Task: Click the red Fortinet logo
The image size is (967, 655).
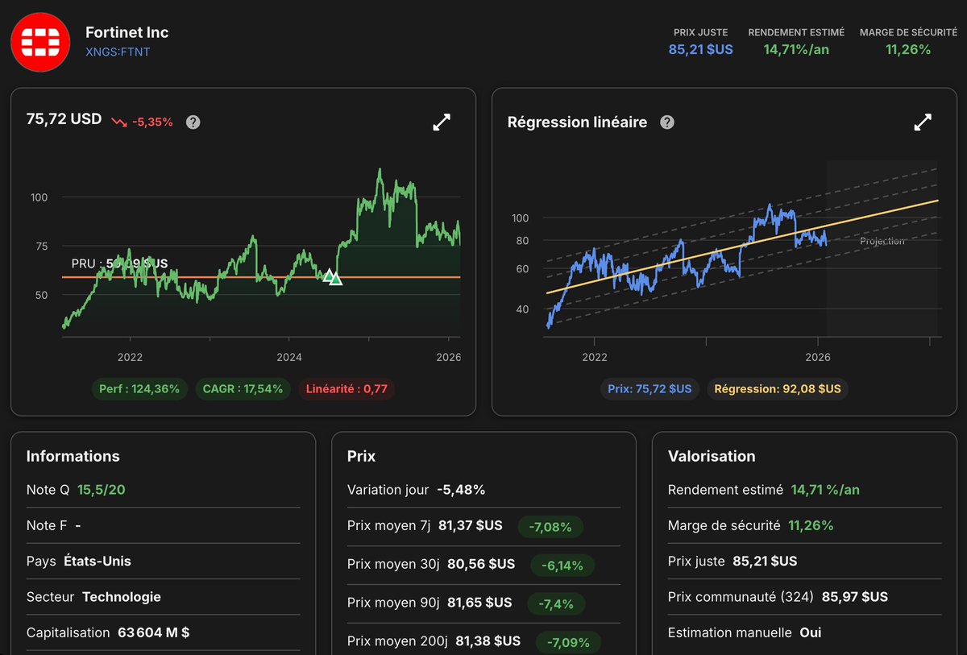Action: tap(40, 42)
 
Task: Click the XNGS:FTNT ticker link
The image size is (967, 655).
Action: tap(118, 52)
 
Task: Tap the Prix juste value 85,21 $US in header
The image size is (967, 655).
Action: tap(700, 49)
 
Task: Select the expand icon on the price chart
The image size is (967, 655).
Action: tap(442, 122)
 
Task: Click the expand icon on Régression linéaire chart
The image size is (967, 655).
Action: tap(923, 122)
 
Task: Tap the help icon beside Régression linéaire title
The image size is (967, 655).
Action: tap(667, 122)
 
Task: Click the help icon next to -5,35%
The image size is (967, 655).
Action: tap(193, 122)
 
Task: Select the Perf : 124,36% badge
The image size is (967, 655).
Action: tap(139, 389)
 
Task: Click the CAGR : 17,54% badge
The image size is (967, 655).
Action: tap(243, 389)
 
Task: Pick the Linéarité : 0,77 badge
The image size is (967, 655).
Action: tap(347, 389)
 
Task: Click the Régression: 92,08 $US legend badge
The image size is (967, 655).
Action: tap(778, 389)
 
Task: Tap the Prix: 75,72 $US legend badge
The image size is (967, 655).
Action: tap(650, 389)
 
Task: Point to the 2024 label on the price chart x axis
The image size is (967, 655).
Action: tap(288, 357)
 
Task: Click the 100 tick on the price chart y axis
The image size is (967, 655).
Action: tap(39, 197)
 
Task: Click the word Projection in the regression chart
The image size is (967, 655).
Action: tap(882, 241)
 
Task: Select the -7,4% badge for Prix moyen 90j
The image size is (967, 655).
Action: tap(556, 603)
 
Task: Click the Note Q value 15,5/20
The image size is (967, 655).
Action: tap(102, 490)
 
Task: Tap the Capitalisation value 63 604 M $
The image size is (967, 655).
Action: tap(153, 632)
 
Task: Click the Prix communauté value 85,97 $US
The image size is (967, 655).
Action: tap(855, 597)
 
